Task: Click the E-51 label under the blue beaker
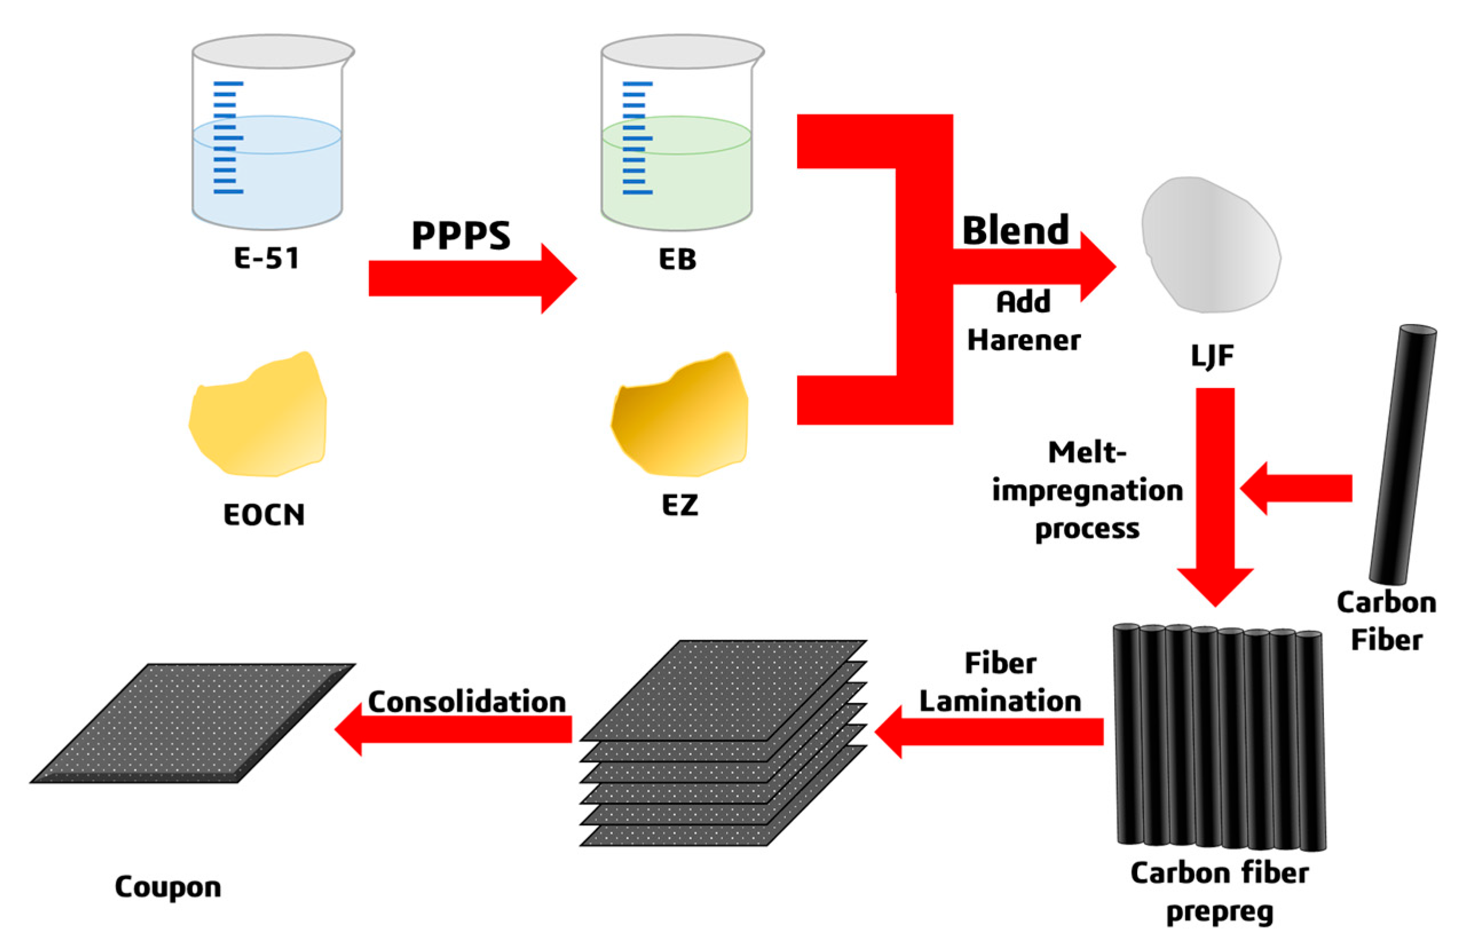[267, 257]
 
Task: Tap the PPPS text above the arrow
[461, 235]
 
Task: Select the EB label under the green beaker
[678, 259]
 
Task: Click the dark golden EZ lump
[679, 417]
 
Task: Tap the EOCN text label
[264, 514]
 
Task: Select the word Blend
[1015, 231]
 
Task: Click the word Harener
[1023, 340]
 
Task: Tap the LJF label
[1212, 356]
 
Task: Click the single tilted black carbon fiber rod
[1402, 454]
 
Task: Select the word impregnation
[1087, 491]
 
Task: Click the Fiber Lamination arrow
[988, 732]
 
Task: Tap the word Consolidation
[467, 702]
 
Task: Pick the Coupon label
[168, 887]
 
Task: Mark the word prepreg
[1219, 913]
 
